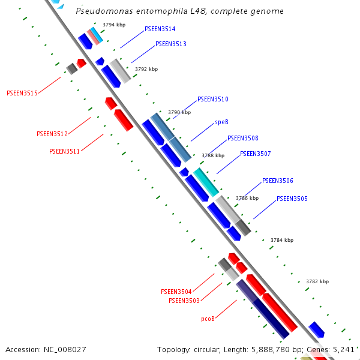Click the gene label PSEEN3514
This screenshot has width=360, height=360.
click(x=160, y=29)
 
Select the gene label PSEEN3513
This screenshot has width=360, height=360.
click(x=170, y=44)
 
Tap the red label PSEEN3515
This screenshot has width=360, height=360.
click(x=22, y=93)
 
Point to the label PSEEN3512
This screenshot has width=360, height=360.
click(x=52, y=134)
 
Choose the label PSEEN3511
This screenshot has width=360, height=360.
click(x=65, y=151)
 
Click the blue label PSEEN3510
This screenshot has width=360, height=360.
click(x=212, y=99)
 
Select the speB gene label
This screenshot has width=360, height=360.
click(x=221, y=122)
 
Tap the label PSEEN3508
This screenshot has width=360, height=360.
click(x=242, y=138)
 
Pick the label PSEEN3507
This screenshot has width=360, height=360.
click(x=255, y=154)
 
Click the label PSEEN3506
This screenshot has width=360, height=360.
click(x=277, y=181)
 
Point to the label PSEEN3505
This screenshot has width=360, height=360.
click(x=292, y=199)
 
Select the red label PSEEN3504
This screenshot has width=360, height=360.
click(x=176, y=292)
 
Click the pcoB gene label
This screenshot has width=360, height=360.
click(x=208, y=319)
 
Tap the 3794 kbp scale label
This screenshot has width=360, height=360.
click(x=113, y=25)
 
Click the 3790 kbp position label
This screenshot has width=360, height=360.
click(x=179, y=112)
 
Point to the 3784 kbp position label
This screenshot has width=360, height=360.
click(x=282, y=240)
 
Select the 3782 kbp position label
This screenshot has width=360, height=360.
click(x=317, y=281)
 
